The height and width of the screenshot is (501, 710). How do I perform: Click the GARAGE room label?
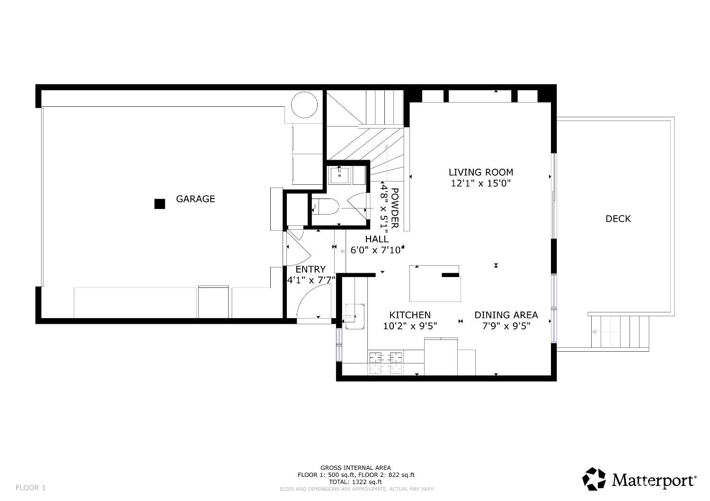click(x=195, y=199)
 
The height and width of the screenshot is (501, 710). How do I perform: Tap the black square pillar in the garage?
click(x=160, y=204)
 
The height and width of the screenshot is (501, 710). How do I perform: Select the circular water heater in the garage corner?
click(x=304, y=104)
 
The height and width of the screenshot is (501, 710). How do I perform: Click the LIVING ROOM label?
click(x=480, y=173)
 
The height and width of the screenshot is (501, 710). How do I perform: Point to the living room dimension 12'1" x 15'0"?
click(x=480, y=184)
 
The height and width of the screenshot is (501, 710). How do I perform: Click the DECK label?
click(x=618, y=219)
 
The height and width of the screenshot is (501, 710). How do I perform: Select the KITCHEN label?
click(x=409, y=315)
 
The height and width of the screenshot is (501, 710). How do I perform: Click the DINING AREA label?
click(x=506, y=315)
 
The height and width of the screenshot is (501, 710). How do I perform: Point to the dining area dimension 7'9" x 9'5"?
click(x=506, y=326)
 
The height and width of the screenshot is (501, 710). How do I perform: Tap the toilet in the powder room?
click(x=326, y=206)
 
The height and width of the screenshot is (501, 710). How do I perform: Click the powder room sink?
click(x=339, y=174)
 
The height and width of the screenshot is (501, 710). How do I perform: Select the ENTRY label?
click(x=311, y=269)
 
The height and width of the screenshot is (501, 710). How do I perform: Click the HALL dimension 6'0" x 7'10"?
click(x=376, y=250)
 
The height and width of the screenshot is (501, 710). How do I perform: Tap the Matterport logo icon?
click(x=594, y=479)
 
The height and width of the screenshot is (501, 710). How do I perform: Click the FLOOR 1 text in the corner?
click(x=31, y=488)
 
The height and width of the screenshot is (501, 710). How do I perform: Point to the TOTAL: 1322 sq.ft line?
click(x=355, y=482)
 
